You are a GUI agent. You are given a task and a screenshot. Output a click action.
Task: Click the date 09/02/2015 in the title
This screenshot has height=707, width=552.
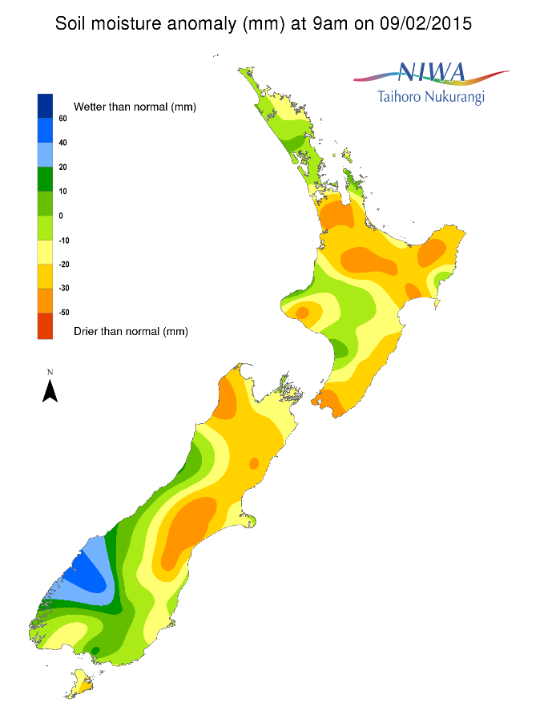tap(424, 24)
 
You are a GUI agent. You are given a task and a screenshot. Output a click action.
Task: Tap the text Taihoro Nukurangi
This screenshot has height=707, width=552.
tap(430, 97)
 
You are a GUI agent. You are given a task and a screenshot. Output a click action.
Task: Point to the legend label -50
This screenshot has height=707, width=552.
tap(62, 312)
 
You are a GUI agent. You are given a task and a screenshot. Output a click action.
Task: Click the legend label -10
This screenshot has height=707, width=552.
tap(62, 240)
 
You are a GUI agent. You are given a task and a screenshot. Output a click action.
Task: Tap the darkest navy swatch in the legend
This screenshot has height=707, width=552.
tap(45, 106)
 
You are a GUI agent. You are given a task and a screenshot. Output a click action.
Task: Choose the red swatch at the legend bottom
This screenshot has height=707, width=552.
tap(45, 327)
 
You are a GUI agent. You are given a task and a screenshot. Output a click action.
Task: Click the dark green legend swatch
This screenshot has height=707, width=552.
tap(45, 179)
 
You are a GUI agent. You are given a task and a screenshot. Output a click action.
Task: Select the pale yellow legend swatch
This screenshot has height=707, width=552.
tap(45, 252)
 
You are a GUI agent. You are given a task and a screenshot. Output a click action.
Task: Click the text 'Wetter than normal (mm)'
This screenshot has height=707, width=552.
tap(135, 107)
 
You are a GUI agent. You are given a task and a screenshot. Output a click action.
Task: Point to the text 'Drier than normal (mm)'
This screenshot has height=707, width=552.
tap(131, 330)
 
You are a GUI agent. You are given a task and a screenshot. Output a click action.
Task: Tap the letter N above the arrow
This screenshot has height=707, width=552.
tap(50, 372)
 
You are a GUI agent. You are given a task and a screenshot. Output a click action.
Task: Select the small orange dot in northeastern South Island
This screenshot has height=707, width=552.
tap(254, 463)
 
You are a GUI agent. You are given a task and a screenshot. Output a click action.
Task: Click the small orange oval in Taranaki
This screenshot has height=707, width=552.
tap(302, 313)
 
